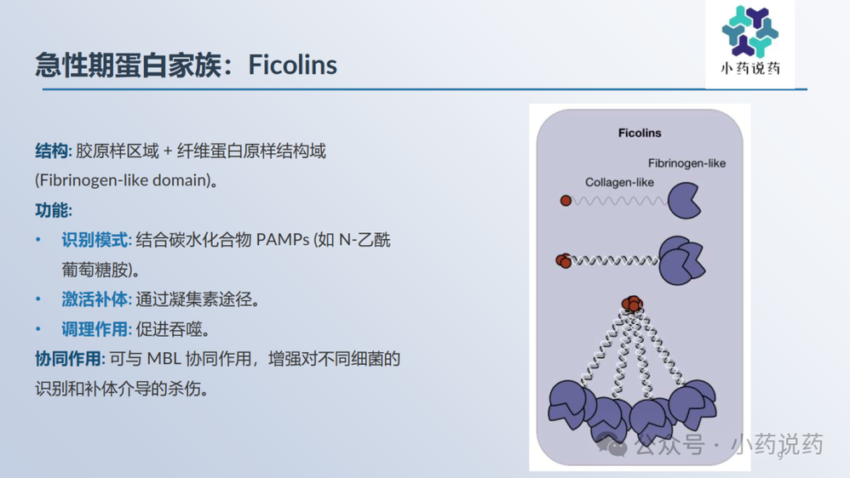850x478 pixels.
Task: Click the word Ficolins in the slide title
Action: tap(292, 65)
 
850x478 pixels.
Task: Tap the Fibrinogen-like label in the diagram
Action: tap(686, 163)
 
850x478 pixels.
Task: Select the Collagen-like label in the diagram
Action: tap(619, 182)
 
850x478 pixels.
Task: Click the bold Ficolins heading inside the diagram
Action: tap(640, 133)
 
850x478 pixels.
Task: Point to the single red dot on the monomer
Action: tap(566, 201)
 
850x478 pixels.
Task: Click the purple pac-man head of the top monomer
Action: tap(684, 201)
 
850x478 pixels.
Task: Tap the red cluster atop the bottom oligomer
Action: tap(632, 304)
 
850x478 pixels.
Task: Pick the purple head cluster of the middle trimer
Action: tap(681, 260)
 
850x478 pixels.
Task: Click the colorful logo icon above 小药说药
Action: tap(749, 31)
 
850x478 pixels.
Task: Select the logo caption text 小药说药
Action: tap(750, 69)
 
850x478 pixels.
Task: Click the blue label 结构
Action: tap(51, 151)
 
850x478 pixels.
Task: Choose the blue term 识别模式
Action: tap(95, 240)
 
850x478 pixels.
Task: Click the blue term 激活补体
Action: tap(95, 299)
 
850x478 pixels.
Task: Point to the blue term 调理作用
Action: tap(95, 329)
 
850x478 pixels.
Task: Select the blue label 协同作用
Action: tap(68, 359)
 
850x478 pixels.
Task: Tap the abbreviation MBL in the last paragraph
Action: tap(164, 359)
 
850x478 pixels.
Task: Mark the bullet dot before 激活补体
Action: tap(38, 299)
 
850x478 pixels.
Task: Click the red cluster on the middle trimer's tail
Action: tap(564, 261)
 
